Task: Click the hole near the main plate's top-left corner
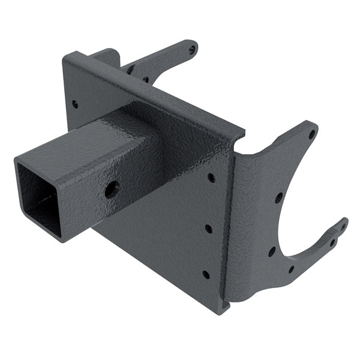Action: pyautogui.click(x=75, y=104)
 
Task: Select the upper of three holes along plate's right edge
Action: pyautogui.click(x=211, y=178)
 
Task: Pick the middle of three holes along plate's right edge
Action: pyautogui.click(x=208, y=229)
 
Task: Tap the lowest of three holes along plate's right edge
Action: pyautogui.click(x=206, y=274)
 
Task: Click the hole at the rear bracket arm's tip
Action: pyautogui.click(x=191, y=49)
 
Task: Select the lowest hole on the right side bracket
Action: pyautogui.click(x=290, y=269)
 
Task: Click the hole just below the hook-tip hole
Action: pyautogui.click(x=332, y=242)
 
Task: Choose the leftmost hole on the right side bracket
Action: pyautogui.click(x=272, y=251)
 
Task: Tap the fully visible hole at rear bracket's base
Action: pyautogui.click(x=145, y=79)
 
